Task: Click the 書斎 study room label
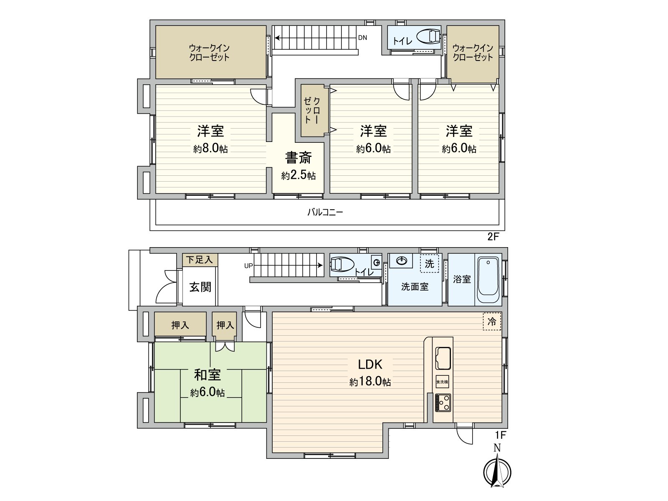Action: tap(298, 158)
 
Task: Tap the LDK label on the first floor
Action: tap(370, 364)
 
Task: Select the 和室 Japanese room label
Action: tap(207, 374)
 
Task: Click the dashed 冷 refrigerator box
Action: tap(492, 321)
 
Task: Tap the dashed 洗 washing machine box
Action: tap(429, 263)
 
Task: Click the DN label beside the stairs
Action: tap(362, 38)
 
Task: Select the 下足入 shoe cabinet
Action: tap(199, 260)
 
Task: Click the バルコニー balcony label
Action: tap(325, 212)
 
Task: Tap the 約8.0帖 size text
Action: tap(210, 149)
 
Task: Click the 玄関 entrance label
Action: tap(200, 287)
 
